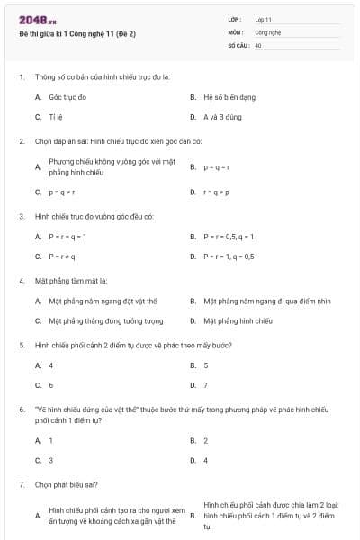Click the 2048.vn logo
tap(38, 19)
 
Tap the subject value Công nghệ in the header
tap(268, 31)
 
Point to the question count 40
tap(258, 44)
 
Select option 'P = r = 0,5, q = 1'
tap(229, 236)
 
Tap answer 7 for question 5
tap(205, 385)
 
